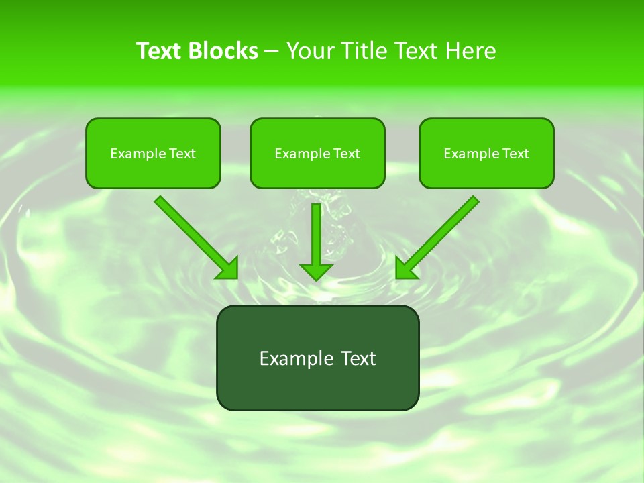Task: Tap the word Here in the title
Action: [x=471, y=51]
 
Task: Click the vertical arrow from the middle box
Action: [x=316, y=235]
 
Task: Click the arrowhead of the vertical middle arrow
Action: [x=316, y=272]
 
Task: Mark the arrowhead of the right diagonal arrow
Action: [x=405, y=269]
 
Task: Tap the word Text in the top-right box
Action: [x=515, y=154]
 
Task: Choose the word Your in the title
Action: [x=310, y=51]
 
